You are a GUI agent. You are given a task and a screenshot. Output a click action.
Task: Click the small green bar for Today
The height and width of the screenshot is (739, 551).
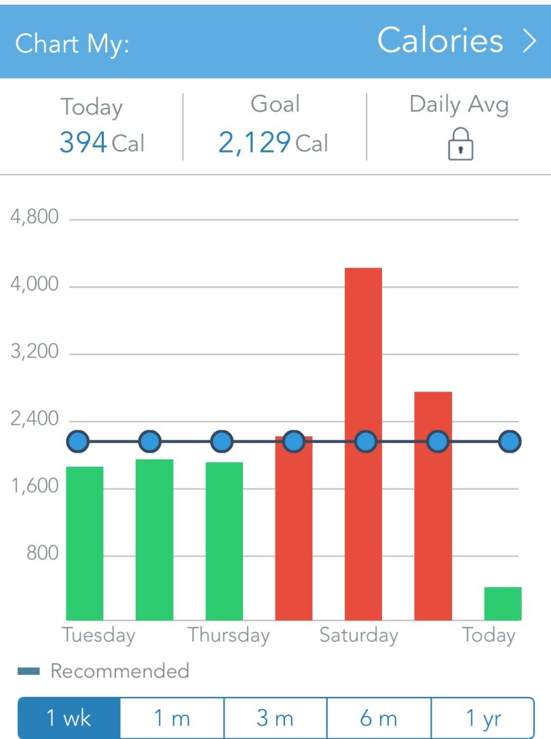(x=503, y=603)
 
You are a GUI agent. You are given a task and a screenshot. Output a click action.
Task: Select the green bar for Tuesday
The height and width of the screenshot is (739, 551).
(x=85, y=543)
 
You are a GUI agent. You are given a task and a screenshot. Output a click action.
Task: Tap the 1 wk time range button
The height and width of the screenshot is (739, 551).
(x=69, y=718)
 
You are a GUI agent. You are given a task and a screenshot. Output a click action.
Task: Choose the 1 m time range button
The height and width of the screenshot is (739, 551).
(x=172, y=718)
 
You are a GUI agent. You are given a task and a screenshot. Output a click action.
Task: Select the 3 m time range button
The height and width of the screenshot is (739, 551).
(x=275, y=718)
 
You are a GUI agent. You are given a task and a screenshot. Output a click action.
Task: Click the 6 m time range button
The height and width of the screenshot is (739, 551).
(x=379, y=718)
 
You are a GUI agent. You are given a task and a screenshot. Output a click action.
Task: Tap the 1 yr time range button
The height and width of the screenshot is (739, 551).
(x=482, y=718)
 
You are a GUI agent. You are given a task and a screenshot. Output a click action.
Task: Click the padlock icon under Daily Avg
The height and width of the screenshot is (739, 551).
(x=461, y=145)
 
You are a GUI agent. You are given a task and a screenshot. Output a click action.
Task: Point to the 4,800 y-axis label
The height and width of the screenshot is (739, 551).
(x=35, y=218)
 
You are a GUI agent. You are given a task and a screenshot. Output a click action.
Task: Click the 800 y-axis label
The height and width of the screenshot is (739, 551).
(x=43, y=554)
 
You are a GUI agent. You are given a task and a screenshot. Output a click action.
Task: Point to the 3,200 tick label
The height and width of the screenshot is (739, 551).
(x=35, y=352)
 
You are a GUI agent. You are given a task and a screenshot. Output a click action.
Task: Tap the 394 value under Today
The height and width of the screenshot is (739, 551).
(x=83, y=143)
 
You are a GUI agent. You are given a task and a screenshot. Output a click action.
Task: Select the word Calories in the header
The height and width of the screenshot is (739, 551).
(x=440, y=41)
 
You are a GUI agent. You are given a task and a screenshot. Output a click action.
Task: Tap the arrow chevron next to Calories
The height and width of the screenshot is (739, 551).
(x=529, y=41)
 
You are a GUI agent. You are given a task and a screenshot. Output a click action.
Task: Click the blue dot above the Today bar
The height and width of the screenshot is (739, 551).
(x=510, y=442)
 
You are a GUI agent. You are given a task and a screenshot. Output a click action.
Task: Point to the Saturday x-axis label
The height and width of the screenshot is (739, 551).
(x=358, y=636)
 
